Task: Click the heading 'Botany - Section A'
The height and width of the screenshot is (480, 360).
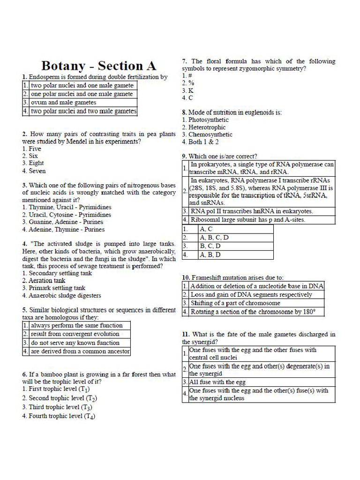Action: [x=98, y=66]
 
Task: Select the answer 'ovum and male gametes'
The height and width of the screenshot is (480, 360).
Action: [x=63, y=103]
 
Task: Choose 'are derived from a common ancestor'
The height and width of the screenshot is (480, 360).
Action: [x=80, y=351]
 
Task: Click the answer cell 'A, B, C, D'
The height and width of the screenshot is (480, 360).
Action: [x=214, y=238]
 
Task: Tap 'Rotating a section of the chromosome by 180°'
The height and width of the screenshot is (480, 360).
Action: [x=253, y=312]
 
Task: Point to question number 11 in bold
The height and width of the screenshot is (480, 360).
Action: [x=186, y=334]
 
